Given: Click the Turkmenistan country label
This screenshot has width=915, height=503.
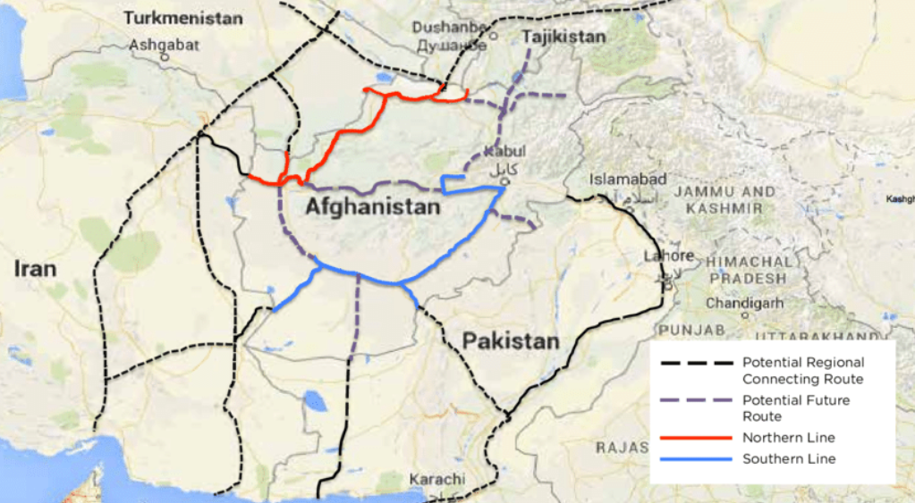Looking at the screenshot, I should (182, 18).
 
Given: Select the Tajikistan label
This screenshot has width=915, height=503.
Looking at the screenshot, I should (563, 37).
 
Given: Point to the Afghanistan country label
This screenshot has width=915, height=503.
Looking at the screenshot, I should (373, 207).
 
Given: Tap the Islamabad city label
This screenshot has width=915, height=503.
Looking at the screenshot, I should (628, 180).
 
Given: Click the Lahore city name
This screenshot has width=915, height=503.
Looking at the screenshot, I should (668, 256).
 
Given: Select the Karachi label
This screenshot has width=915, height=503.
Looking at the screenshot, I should (437, 480).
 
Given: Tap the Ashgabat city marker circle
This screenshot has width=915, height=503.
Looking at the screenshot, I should (165, 56).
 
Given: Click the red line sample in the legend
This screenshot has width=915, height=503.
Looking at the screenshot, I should (697, 438).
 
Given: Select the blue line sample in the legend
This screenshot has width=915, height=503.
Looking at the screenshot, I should (697, 459).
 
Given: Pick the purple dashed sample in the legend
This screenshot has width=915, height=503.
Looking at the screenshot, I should (697, 401).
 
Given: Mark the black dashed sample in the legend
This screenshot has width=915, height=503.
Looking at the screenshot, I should (697, 364).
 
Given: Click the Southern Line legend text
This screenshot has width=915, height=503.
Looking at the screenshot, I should (789, 459).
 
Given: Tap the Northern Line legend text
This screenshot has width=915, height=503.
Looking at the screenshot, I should (789, 438).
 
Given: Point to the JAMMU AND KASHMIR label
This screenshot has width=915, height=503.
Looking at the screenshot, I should (724, 199).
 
